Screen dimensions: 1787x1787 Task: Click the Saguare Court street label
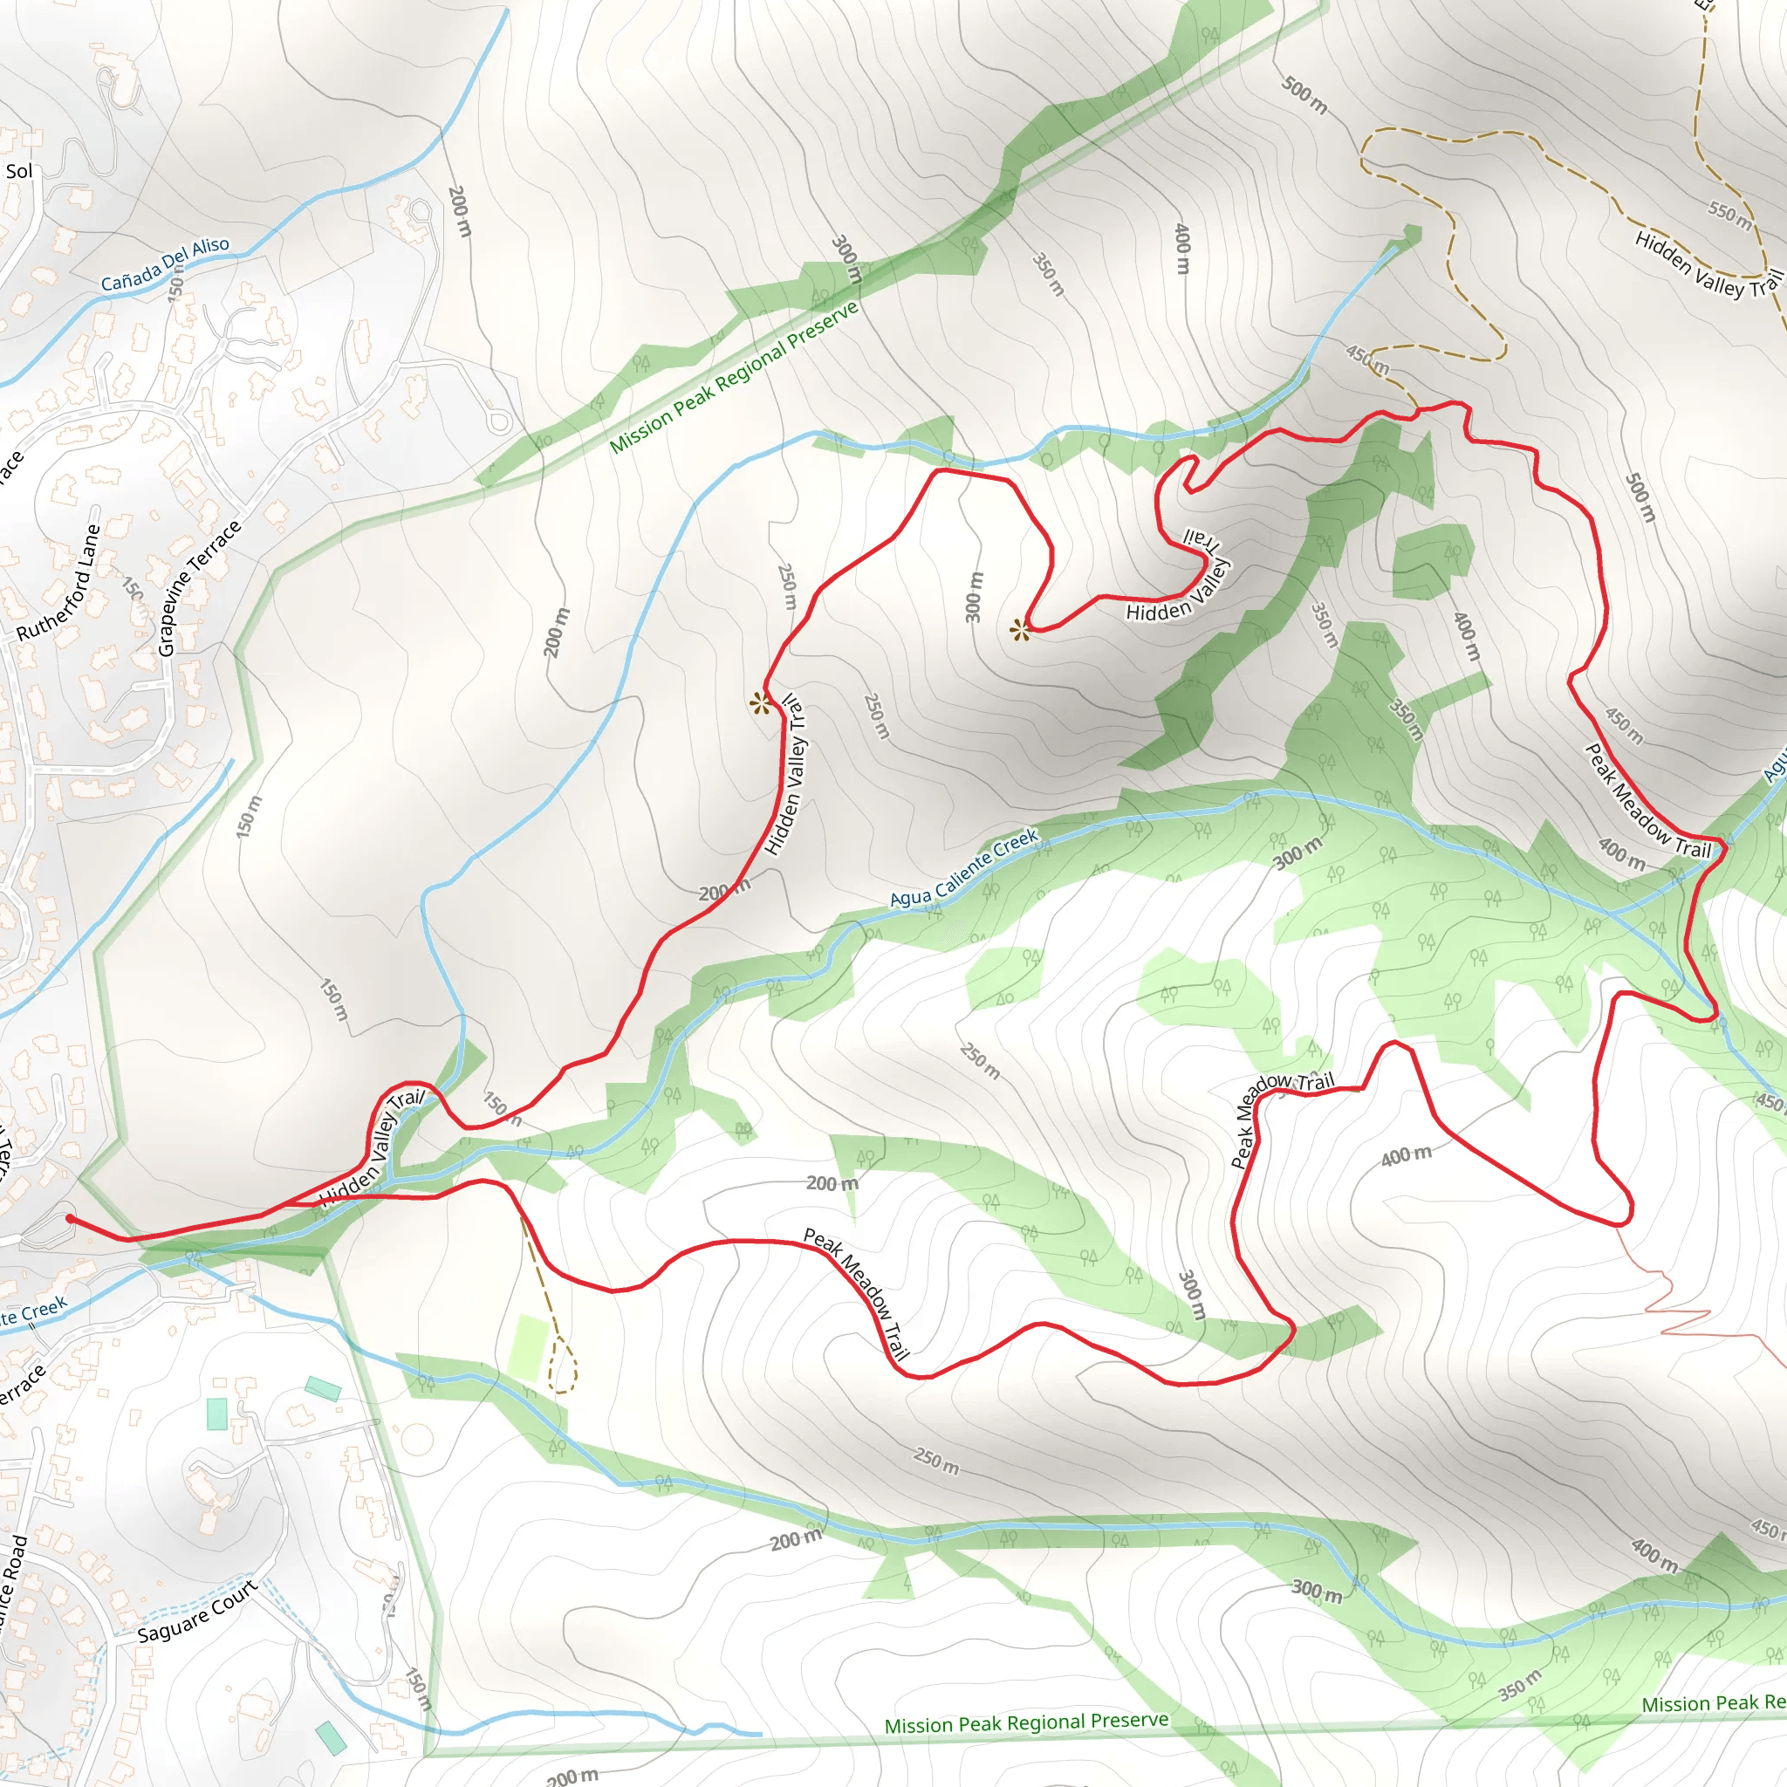click(197, 1612)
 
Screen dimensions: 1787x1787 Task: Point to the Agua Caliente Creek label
click(964, 867)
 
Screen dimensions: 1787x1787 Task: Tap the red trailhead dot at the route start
click(71, 1218)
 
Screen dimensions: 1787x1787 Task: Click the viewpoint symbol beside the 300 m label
click(1019, 631)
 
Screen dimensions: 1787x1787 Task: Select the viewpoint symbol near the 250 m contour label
click(760, 704)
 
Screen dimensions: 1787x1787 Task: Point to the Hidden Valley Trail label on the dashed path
click(1708, 265)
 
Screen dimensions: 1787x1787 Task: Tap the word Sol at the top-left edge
click(18, 171)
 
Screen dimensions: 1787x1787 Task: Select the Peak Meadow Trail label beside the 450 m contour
click(1647, 801)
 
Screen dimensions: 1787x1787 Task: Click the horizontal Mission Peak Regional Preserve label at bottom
click(1026, 1723)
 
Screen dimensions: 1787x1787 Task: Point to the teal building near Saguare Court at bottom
click(330, 1737)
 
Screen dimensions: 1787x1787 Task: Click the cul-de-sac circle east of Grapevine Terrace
click(499, 421)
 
